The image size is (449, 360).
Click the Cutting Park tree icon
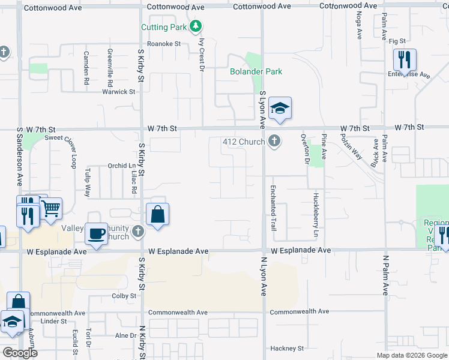pyautogui.click(x=196, y=26)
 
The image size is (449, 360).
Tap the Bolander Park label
pyautogui.click(x=256, y=71)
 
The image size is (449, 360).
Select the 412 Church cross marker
pyautogui.click(x=274, y=142)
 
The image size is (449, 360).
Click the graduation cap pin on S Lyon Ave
pyautogui.click(x=280, y=109)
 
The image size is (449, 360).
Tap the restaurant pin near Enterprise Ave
pyautogui.click(x=405, y=60)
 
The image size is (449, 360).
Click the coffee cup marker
pyautogui.click(x=95, y=233)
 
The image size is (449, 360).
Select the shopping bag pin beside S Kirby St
pyautogui.click(x=157, y=215)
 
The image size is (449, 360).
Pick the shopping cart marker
pyautogui.click(x=51, y=209)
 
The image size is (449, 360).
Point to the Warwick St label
pyautogui.click(x=118, y=92)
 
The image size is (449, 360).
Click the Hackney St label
pyautogui.click(x=287, y=349)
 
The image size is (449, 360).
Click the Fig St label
pyautogui.click(x=397, y=41)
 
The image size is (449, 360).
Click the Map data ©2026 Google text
pyautogui.click(x=412, y=355)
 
